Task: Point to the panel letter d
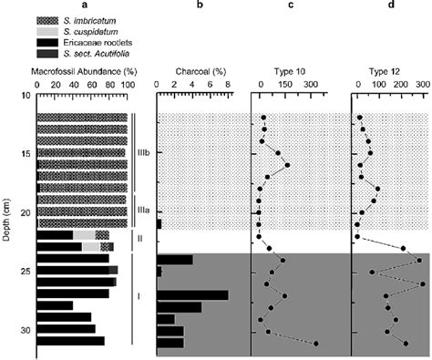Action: (x=390, y=5)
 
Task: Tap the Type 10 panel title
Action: (x=285, y=68)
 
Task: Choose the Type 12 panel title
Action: (x=390, y=68)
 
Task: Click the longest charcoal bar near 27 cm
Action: (x=192, y=294)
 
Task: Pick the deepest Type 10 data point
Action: (x=315, y=343)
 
